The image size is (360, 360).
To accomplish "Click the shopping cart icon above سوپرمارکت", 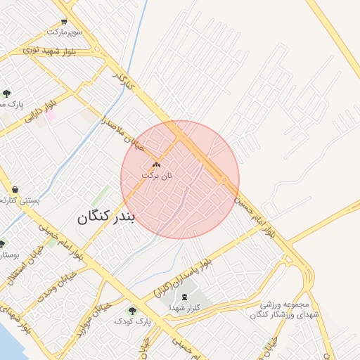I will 65,22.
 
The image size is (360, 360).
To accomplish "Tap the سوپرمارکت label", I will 65,32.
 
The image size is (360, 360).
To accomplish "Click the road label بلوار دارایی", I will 40,112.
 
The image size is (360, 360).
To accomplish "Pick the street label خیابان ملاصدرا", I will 122,133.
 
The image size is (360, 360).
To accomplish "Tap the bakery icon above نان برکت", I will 156,164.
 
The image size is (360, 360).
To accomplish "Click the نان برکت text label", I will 156,174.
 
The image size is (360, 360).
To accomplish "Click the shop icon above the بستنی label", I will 15,190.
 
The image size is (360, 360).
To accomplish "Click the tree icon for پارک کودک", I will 132,310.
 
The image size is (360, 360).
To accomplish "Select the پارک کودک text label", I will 133,321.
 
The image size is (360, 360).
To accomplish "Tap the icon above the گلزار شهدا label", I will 185,297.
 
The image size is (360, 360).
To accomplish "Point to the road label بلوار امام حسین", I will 255,214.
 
